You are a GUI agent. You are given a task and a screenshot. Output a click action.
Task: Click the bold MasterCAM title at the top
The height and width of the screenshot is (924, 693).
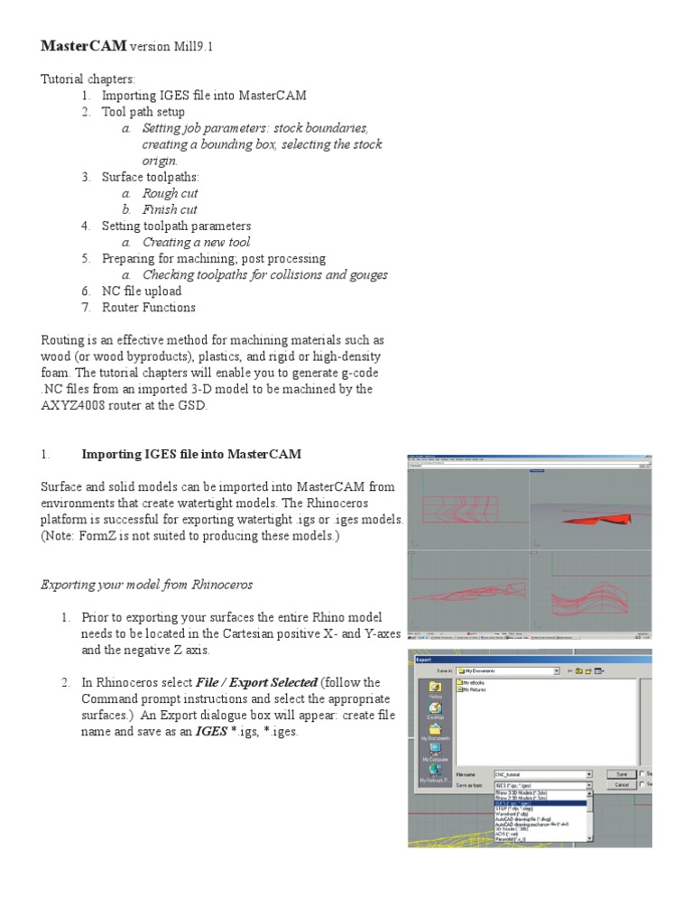click(x=84, y=45)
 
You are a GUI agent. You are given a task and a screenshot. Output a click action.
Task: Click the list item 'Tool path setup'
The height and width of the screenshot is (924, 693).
click(x=143, y=112)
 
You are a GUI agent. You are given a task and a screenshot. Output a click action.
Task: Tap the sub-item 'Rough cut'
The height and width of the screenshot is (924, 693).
click(x=170, y=193)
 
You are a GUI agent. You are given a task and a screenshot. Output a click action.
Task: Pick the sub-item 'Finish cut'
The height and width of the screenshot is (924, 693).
click(x=170, y=209)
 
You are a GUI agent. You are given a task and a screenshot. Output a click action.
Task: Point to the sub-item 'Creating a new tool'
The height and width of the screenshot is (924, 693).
click(x=196, y=242)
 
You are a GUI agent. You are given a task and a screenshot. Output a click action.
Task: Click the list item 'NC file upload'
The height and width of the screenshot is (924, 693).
click(x=142, y=291)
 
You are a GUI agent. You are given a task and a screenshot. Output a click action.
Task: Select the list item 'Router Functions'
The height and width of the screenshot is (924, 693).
click(x=148, y=307)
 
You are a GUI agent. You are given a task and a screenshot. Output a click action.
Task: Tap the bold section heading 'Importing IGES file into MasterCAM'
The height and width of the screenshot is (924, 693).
click(x=191, y=454)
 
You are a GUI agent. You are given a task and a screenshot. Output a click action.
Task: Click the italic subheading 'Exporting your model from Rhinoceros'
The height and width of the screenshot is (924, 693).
click(x=147, y=584)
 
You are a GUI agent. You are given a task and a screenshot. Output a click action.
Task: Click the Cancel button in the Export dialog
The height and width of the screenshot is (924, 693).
click(x=621, y=785)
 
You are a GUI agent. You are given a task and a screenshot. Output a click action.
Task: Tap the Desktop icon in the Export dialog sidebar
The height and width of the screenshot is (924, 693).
click(x=435, y=712)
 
